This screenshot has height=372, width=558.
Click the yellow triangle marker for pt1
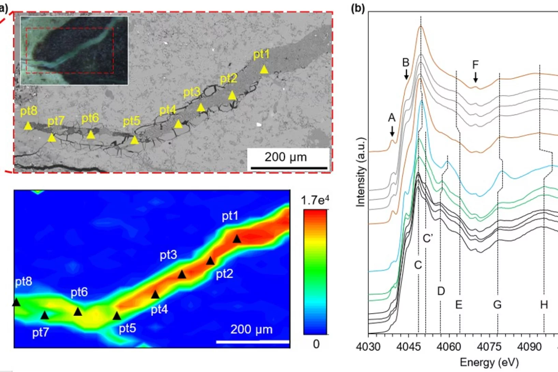coord(264,70)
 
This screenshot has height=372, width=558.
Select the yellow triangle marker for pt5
coord(135,140)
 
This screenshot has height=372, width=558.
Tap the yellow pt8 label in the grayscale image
coord(29,111)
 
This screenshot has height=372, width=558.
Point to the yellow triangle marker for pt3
coord(201,108)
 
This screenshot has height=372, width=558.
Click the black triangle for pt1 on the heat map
coord(237,239)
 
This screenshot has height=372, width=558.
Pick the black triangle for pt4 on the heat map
coord(155,295)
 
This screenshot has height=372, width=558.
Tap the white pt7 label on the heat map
coord(41,332)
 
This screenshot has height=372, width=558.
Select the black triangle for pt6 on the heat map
coord(78,312)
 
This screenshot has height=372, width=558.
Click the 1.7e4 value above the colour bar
coord(315,200)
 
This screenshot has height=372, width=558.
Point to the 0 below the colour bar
coord(316,344)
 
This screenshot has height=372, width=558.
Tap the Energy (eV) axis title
coord(489,362)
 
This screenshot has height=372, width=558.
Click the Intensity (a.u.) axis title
coord(361,172)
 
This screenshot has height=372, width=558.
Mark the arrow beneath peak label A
coord(392,131)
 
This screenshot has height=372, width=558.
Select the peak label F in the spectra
coord(475,65)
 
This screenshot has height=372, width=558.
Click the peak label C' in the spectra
coord(428,238)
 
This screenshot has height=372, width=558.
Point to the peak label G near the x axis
coord(497,304)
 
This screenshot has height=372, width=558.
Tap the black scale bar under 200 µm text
coord(289,168)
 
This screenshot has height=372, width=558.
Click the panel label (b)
coord(358,8)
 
